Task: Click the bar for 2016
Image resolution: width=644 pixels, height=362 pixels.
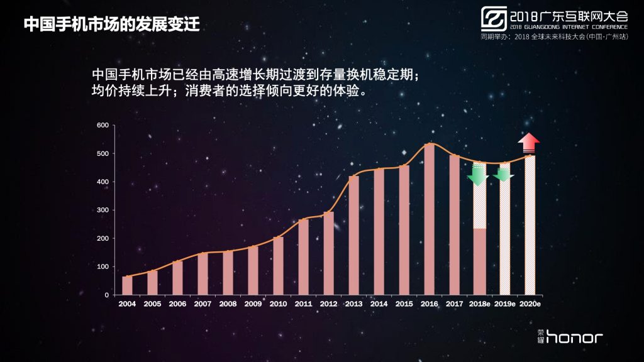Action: pyautogui.click(x=429, y=219)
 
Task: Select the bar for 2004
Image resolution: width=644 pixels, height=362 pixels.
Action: pyautogui.click(x=127, y=286)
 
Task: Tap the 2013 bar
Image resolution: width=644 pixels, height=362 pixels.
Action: pyautogui.click(x=353, y=235)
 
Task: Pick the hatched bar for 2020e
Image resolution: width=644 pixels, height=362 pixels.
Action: pyautogui.click(x=530, y=226)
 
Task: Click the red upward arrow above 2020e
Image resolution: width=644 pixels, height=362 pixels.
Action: pyautogui.click(x=528, y=143)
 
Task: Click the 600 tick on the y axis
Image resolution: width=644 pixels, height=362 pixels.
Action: pyautogui.click(x=103, y=125)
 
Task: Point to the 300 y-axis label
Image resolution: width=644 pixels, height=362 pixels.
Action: pyautogui.click(x=103, y=210)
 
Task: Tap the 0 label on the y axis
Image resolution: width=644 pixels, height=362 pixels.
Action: pyautogui.click(x=107, y=295)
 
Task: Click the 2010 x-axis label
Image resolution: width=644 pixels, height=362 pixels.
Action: pyautogui.click(x=278, y=304)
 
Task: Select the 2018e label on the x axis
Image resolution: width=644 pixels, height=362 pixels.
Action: pyautogui.click(x=480, y=304)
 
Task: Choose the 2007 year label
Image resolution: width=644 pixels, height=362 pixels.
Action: pyautogui.click(x=203, y=304)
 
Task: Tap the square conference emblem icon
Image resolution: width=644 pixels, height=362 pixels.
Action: pyautogui.click(x=494, y=18)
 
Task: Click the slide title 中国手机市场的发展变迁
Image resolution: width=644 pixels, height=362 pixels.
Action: pyautogui.click(x=112, y=24)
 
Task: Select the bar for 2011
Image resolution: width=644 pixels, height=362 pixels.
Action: pyautogui.click(x=304, y=257)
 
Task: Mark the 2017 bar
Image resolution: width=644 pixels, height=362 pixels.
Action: pyautogui.click(x=454, y=225)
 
